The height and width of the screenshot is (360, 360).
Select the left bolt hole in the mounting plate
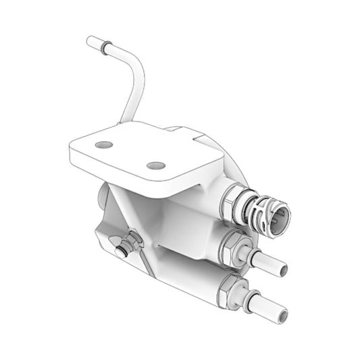click(x=103, y=145)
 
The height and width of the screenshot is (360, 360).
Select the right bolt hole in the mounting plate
click(x=155, y=165)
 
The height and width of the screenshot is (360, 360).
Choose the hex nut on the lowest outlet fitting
click(x=228, y=291)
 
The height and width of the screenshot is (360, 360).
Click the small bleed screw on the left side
click(x=122, y=251)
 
